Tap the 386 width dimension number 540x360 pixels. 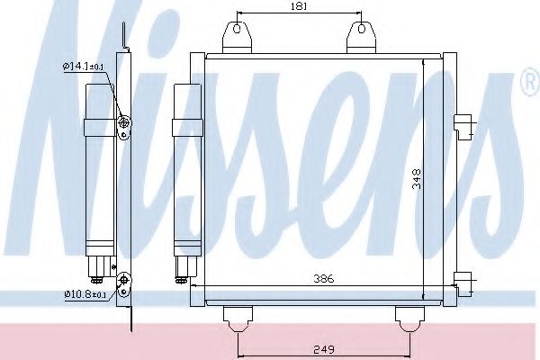324,280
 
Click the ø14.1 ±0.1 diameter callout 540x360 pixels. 84,66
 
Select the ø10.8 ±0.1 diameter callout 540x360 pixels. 84,293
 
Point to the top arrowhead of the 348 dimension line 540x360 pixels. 424,61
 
